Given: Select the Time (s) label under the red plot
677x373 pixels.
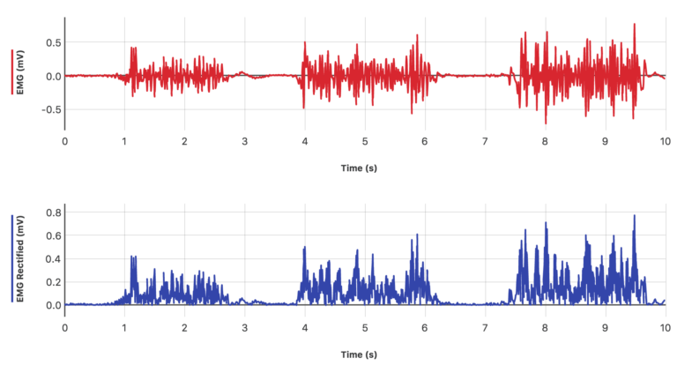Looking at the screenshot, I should [359, 168].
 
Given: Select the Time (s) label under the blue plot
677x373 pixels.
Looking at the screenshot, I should [359, 355].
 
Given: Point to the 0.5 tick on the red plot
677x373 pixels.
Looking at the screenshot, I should [52, 42].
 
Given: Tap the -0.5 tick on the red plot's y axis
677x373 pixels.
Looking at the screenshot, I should [50, 110].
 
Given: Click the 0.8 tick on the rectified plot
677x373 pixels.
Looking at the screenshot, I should [52, 213].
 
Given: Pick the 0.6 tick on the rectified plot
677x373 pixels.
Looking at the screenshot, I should [52, 235].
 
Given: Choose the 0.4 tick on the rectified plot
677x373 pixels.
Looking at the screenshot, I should [52, 259].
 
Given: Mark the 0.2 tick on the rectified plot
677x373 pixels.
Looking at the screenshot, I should [52, 282].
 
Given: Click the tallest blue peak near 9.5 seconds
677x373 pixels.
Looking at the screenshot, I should [634, 216].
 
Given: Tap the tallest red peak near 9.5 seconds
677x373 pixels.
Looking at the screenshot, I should [634, 25].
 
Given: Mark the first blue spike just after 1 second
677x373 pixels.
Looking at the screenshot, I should [132, 257].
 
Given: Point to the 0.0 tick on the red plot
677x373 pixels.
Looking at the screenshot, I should [52, 76].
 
